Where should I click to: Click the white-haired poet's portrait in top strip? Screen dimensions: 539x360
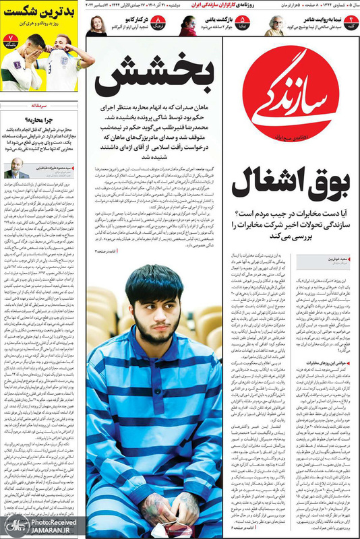click(276, 25)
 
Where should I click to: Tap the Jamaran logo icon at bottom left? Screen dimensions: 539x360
click(12, 526)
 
